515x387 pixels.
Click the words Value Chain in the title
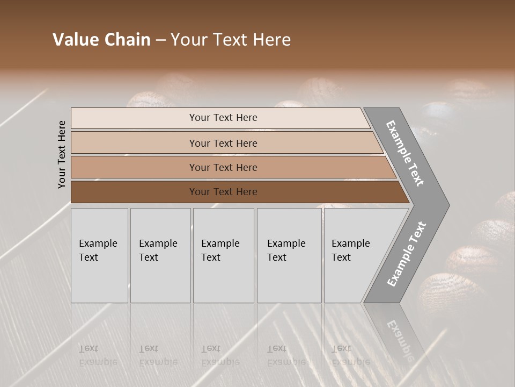pos(101,40)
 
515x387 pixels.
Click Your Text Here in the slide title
pos(231,40)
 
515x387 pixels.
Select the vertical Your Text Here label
pos(62,154)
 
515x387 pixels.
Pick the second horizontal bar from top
pos(223,143)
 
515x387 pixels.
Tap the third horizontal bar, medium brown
pos(223,167)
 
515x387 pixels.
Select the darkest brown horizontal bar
pos(223,191)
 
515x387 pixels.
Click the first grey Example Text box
pos(99,255)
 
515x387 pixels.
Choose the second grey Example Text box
pos(160,255)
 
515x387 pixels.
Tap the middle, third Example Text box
pos(223,255)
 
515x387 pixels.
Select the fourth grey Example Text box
pos(289,255)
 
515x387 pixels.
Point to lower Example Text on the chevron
pos(406,254)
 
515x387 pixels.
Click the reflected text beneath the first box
pos(98,355)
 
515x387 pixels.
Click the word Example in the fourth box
pos(286,243)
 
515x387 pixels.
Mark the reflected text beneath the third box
pos(220,355)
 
